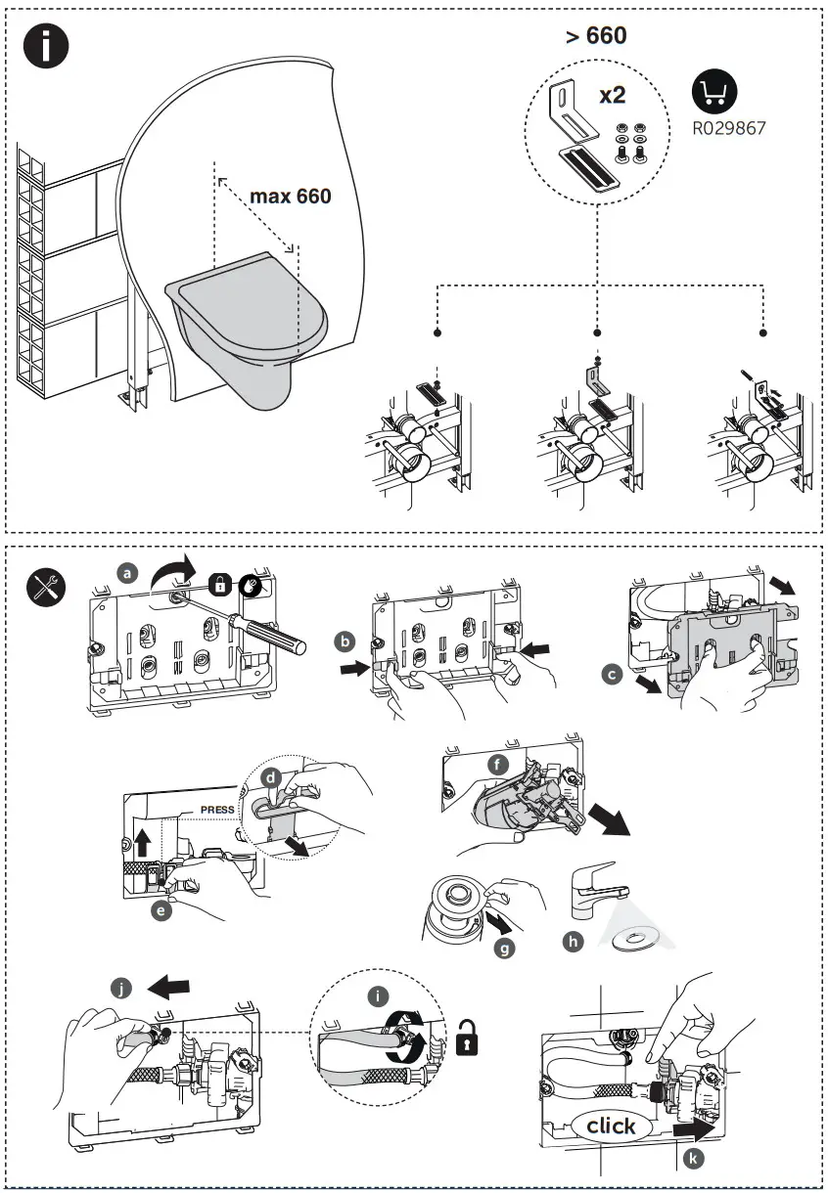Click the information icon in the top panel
pyautogui.click(x=46, y=46)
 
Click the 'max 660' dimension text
pyautogui.click(x=290, y=196)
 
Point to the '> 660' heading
pyautogui.click(x=595, y=36)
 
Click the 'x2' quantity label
pyautogui.click(x=613, y=95)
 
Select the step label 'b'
pyautogui.click(x=344, y=641)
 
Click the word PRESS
pyautogui.click(x=217, y=810)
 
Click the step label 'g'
pyautogui.click(x=504, y=947)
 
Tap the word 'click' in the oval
pyautogui.click(x=611, y=1126)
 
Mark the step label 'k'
pyautogui.click(x=693, y=1160)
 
